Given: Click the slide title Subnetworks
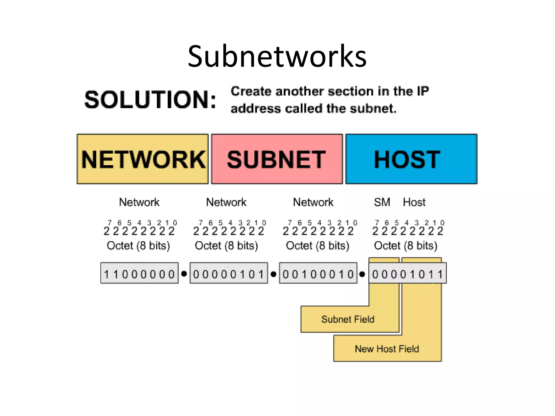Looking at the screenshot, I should [277, 56].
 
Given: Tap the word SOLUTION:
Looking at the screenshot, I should [150, 100].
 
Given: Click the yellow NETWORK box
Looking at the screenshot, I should [143, 159].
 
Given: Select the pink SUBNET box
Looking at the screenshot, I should [277, 159].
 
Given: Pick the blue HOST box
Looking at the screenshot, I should [411, 159].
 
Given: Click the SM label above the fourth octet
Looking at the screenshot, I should [382, 202].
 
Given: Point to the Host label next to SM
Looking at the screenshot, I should [414, 202].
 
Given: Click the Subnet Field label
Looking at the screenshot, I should [348, 319].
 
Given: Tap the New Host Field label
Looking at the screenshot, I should [387, 349].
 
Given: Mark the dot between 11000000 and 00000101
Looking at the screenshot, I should [184, 274].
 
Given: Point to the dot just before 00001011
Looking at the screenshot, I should [362, 274].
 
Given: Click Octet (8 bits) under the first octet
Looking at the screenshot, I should [138, 246].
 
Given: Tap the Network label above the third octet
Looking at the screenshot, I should [313, 202].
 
